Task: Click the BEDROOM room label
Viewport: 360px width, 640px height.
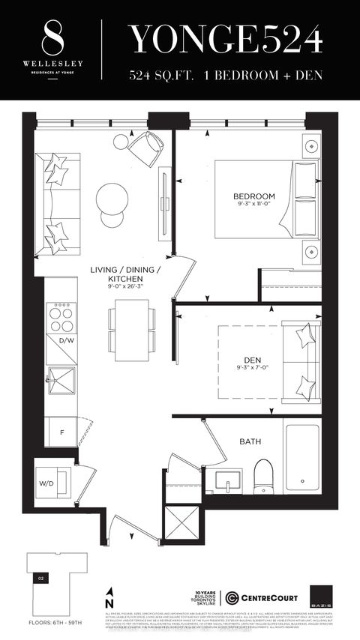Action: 253,197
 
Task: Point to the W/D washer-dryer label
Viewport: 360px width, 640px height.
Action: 46,483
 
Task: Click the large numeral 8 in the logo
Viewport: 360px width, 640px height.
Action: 50,35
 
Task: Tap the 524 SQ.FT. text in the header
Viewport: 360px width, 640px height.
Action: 160,76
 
